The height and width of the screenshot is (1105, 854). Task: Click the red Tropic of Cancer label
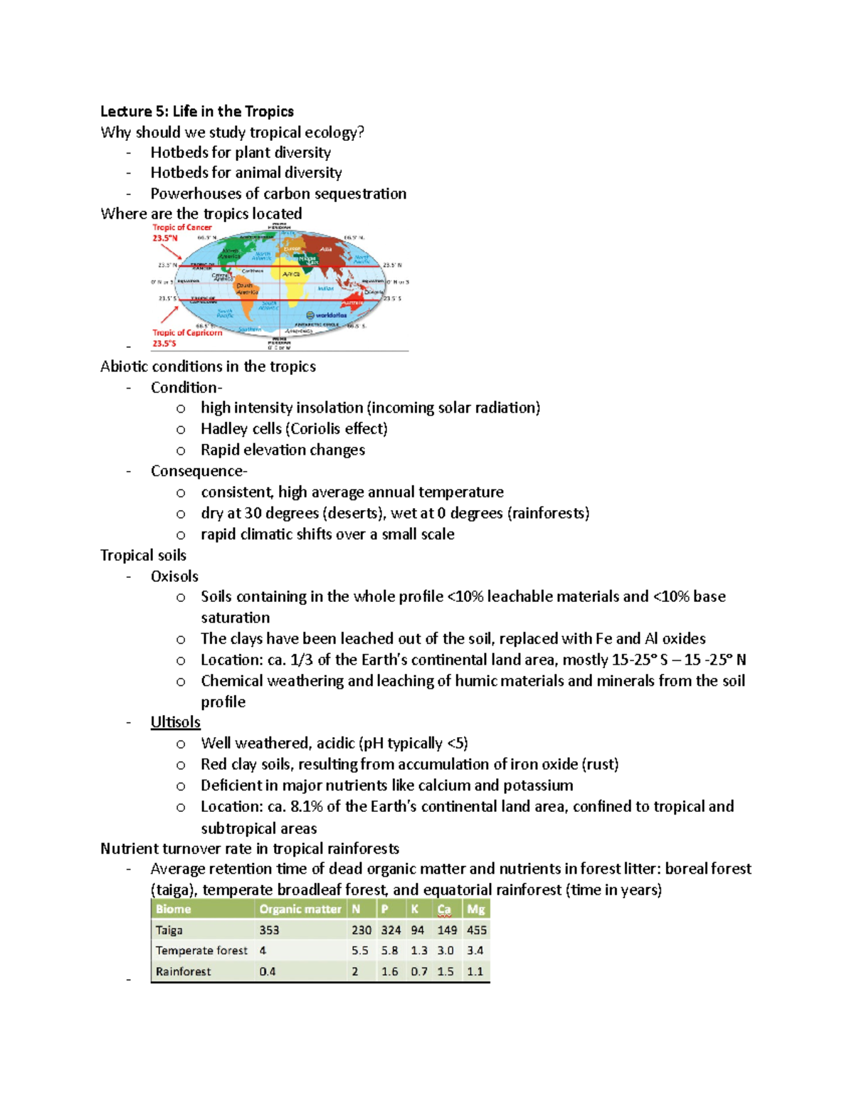[181, 228]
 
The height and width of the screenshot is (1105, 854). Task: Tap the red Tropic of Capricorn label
[187, 332]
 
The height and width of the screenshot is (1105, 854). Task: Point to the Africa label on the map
[291, 274]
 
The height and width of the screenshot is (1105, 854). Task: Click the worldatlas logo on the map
[327, 314]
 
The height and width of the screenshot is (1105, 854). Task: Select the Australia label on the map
[354, 302]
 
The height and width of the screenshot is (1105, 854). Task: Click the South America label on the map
[246, 289]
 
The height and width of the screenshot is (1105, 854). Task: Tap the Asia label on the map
[326, 249]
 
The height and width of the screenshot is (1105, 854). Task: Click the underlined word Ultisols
[175, 722]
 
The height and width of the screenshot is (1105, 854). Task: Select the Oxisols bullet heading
[174, 576]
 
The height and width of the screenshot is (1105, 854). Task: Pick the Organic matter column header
[300, 909]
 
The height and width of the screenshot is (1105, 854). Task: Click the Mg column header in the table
[475, 909]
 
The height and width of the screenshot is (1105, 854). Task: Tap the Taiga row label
[169, 930]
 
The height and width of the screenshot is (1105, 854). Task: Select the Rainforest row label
[183, 971]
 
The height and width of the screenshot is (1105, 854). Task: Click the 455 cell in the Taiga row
[476, 930]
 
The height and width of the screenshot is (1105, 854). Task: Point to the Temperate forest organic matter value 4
[263, 951]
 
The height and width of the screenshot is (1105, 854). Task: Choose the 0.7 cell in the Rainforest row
[418, 971]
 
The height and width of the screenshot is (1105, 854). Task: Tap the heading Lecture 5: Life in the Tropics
[197, 111]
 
